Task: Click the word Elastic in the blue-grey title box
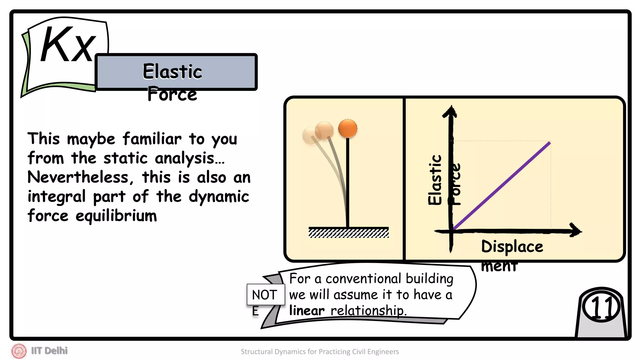pyautogui.click(x=172, y=71)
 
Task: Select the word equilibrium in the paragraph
pyautogui.click(x=116, y=216)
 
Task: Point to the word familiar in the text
pyautogui.click(x=152, y=139)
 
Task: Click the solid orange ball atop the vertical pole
pyautogui.click(x=347, y=128)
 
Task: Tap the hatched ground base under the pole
pyautogui.click(x=348, y=233)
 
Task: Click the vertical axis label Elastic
pyautogui.click(x=435, y=180)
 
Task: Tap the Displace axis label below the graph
pyautogui.click(x=512, y=247)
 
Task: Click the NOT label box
pyautogui.click(x=265, y=295)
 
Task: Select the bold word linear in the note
pyautogui.click(x=307, y=311)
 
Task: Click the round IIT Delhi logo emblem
pyautogui.click(x=19, y=351)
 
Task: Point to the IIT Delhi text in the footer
pyautogui.click(x=49, y=351)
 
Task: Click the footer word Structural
pyautogui.click(x=257, y=352)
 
